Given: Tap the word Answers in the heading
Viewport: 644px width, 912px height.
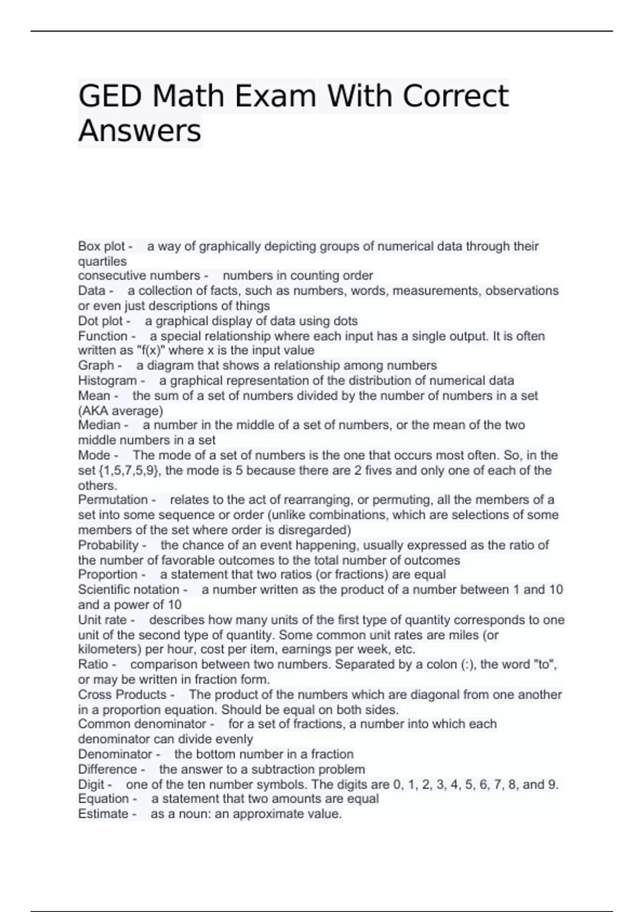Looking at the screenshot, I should (140, 130).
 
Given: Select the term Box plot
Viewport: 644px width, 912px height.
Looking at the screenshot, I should (101, 246).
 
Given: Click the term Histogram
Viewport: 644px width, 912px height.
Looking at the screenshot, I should (107, 380).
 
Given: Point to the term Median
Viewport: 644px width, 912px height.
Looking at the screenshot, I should (99, 425).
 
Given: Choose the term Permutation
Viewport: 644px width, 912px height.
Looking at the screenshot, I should (113, 499).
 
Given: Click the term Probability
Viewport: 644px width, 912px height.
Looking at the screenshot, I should (108, 545).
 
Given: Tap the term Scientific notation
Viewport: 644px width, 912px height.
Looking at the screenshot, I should (129, 590).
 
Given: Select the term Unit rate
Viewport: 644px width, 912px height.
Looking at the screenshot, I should (103, 620).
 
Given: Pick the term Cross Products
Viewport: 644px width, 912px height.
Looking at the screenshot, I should (122, 694).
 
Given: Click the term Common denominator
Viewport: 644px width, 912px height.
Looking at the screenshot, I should (142, 724).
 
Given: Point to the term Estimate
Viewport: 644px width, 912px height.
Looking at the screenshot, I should (103, 814).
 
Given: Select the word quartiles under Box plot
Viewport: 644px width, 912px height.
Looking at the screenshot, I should (103, 261).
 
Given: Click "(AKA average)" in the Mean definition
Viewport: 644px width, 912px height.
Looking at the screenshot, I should (121, 411).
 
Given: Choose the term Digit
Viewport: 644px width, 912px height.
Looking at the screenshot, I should (91, 784).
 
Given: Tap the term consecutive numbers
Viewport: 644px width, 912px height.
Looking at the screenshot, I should (139, 276).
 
